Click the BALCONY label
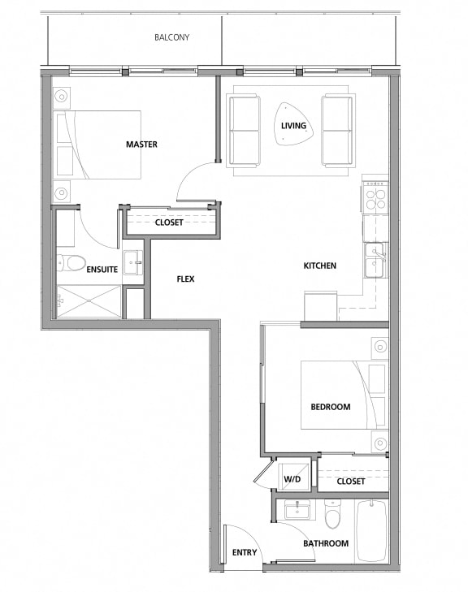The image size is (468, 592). point(171,37)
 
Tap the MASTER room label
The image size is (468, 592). point(141,145)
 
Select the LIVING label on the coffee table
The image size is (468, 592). point(294,126)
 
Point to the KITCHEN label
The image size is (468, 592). point(319,266)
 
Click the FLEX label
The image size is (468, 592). point(186,279)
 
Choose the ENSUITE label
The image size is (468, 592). point(102,269)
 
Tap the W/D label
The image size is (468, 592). point(292,479)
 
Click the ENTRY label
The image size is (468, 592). point(244,553)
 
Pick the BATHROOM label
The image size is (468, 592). point(326,543)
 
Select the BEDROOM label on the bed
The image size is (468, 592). point(331,407)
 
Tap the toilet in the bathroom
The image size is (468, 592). point(332,513)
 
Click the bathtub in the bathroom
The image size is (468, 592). point(371,530)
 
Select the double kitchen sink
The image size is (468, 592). point(375,261)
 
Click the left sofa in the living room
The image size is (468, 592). point(244,130)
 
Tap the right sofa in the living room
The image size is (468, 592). point(337,130)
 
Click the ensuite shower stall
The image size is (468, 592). point(88,300)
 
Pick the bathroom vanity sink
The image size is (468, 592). point(297,510)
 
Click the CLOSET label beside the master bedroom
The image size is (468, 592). point(169,222)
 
